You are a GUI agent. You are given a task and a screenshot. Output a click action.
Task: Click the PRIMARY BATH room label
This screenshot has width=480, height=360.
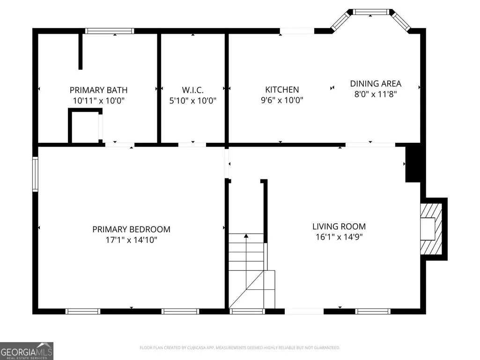tap(98, 90)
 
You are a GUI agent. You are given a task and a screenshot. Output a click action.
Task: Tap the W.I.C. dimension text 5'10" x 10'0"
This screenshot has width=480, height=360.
tap(193, 100)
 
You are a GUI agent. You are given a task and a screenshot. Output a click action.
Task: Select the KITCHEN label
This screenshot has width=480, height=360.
tap(282, 89)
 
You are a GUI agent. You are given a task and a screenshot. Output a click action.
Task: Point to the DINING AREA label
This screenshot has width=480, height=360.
tap(376, 84)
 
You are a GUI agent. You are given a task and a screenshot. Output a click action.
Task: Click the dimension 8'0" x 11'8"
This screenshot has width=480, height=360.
tap(376, 94)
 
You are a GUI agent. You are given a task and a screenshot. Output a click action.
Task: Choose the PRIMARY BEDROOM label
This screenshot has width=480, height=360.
tap(131, 229)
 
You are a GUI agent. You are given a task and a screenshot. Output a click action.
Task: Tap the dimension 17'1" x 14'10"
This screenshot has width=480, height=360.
tap(131, 240)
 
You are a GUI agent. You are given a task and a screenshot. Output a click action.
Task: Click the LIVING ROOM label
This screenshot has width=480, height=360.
tap(339, 227)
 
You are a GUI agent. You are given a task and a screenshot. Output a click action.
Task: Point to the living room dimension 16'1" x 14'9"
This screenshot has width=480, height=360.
tap(339, 237)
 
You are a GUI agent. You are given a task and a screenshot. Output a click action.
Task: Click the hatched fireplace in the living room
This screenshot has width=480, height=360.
tap(431, 229)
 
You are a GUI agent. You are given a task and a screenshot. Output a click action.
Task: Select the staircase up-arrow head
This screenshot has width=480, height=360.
tap(246, 236)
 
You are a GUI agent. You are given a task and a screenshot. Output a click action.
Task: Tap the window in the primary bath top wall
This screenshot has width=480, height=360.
tap(109, 31)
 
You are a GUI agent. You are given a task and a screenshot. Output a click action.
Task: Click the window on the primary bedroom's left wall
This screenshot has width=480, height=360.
tap(35, 174)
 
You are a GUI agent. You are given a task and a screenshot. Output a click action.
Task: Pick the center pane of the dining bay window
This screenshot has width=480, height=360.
tap(371, 12)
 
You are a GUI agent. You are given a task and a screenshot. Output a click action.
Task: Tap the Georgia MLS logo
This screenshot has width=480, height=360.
tap(27, 351)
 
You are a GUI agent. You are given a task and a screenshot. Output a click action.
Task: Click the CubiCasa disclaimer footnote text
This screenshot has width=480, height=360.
tap(240, 348)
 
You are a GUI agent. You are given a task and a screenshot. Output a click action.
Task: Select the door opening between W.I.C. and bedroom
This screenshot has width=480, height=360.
tap(192, 145)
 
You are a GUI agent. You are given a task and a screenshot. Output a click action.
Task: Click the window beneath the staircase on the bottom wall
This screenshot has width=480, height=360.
tap(247, 312)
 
